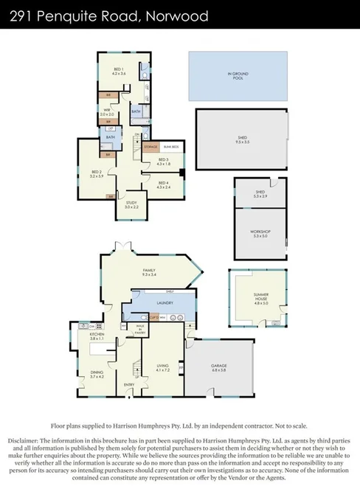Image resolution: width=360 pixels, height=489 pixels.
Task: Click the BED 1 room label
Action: pos(119,72)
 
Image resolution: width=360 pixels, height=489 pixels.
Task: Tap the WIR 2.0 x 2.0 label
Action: pos(107,113)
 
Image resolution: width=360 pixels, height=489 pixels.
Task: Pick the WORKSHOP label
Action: pos(260,233)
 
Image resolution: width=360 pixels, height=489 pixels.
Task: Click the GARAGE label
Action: pos(219,367)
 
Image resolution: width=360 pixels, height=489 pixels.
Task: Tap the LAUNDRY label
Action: pos(164,302)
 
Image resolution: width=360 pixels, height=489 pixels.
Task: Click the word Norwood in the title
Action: pos(181,14)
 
